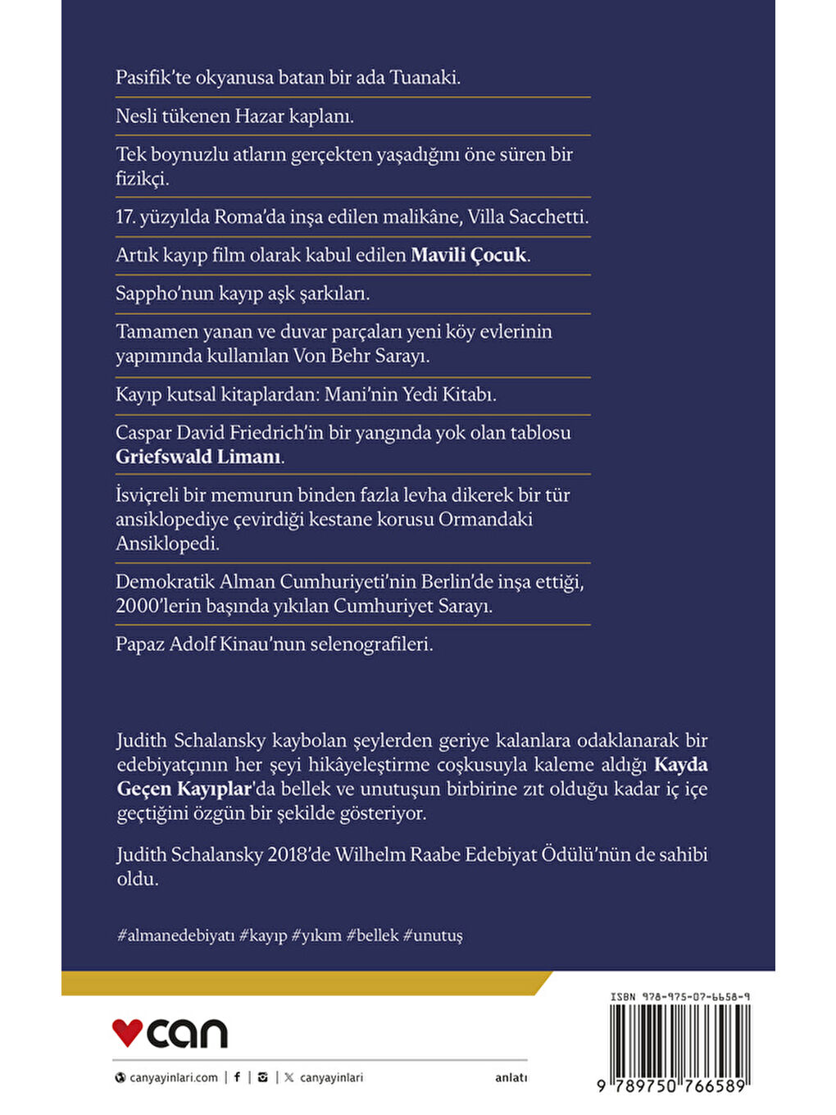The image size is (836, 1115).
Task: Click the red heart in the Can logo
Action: [127, 1032]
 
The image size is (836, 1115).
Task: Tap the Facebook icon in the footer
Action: [238, 1077]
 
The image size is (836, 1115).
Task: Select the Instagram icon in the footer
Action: [262, 1077]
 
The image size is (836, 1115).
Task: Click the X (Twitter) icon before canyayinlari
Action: [289, 1077]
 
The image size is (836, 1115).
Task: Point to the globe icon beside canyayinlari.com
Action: [120, 1078]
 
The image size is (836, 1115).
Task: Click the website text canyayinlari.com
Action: [174, 1078]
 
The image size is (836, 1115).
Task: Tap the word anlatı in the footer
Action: [511, 1078]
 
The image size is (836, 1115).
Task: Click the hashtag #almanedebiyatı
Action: [175, 935]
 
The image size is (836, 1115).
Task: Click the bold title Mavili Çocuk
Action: [468, 255]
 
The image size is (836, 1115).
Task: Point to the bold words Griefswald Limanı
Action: [198, 457]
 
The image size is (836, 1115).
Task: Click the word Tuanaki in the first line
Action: [425, 78]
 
